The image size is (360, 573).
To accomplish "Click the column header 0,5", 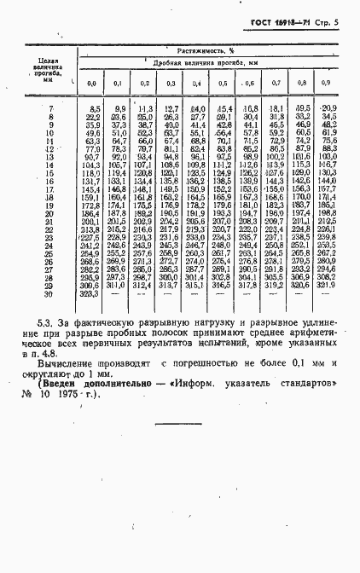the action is point(223,83).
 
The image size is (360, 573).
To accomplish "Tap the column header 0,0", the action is point(91,83).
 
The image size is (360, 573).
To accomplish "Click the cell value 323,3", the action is point(90,293).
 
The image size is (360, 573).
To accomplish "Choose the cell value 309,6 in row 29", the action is point(90,286).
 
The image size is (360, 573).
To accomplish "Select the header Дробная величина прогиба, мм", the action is point(206,64).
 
